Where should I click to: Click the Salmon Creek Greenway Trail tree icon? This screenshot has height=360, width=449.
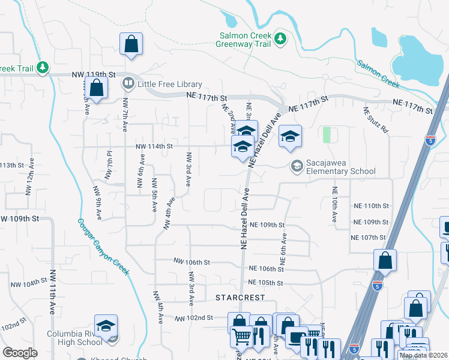(280, 39)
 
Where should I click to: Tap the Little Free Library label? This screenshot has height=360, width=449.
(170, 84)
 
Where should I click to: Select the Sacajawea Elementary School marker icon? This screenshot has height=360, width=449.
(296, 165)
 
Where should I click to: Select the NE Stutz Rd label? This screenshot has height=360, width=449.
(368, 120)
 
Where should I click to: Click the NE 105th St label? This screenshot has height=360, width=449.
(265, 283)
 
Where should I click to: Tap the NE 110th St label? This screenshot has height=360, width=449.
(370, 206)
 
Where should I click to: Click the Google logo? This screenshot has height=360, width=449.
(20, 353)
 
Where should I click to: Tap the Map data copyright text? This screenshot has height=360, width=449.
(423, 355)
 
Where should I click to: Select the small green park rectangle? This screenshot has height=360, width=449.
(327, 135)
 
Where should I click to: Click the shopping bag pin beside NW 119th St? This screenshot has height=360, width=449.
(95, 89)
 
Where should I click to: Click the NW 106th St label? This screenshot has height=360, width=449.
(191, 262)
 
